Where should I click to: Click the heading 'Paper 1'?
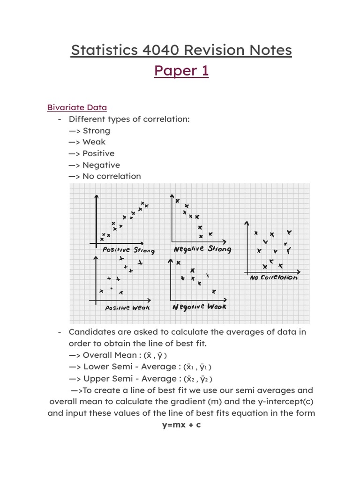point(181,70)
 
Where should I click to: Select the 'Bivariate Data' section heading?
point(77,107)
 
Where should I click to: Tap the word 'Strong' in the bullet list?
point(96,130)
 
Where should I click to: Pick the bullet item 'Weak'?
point(94,142)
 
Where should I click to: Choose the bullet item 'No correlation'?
point(112,176)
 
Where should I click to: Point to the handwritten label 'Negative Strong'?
point(202,249)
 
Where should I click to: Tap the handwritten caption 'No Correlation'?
point(273,277)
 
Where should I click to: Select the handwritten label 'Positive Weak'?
point(127,308)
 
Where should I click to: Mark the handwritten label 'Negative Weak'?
point(199,307)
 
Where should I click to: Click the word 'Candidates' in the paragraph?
point(91,332)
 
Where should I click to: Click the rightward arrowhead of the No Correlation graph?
point(300,271)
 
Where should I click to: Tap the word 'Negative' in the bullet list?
point(101,165)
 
